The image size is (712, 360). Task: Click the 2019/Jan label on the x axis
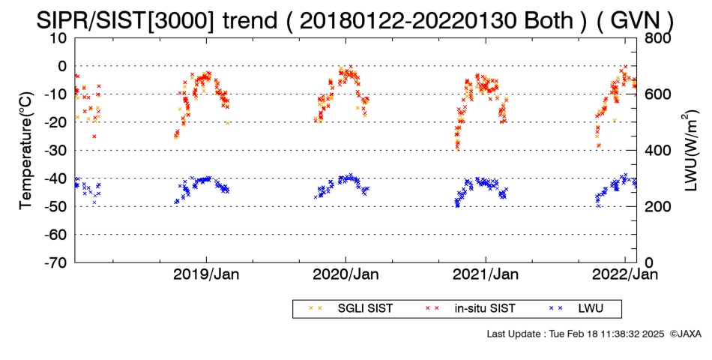[x=207, y=274]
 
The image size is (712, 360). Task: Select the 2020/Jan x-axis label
[x=346, y=274]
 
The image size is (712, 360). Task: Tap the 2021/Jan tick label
[x=486, y=274]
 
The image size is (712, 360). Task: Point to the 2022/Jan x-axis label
[x=625, y=274]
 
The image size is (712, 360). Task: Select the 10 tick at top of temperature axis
[x=59, y=38]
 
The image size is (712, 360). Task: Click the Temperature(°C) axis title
[x=26, y=151]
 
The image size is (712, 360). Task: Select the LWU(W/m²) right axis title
[x=688, y=151]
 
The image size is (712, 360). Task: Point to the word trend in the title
[x=249, y=21]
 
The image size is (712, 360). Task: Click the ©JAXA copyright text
[x=685, y=334]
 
